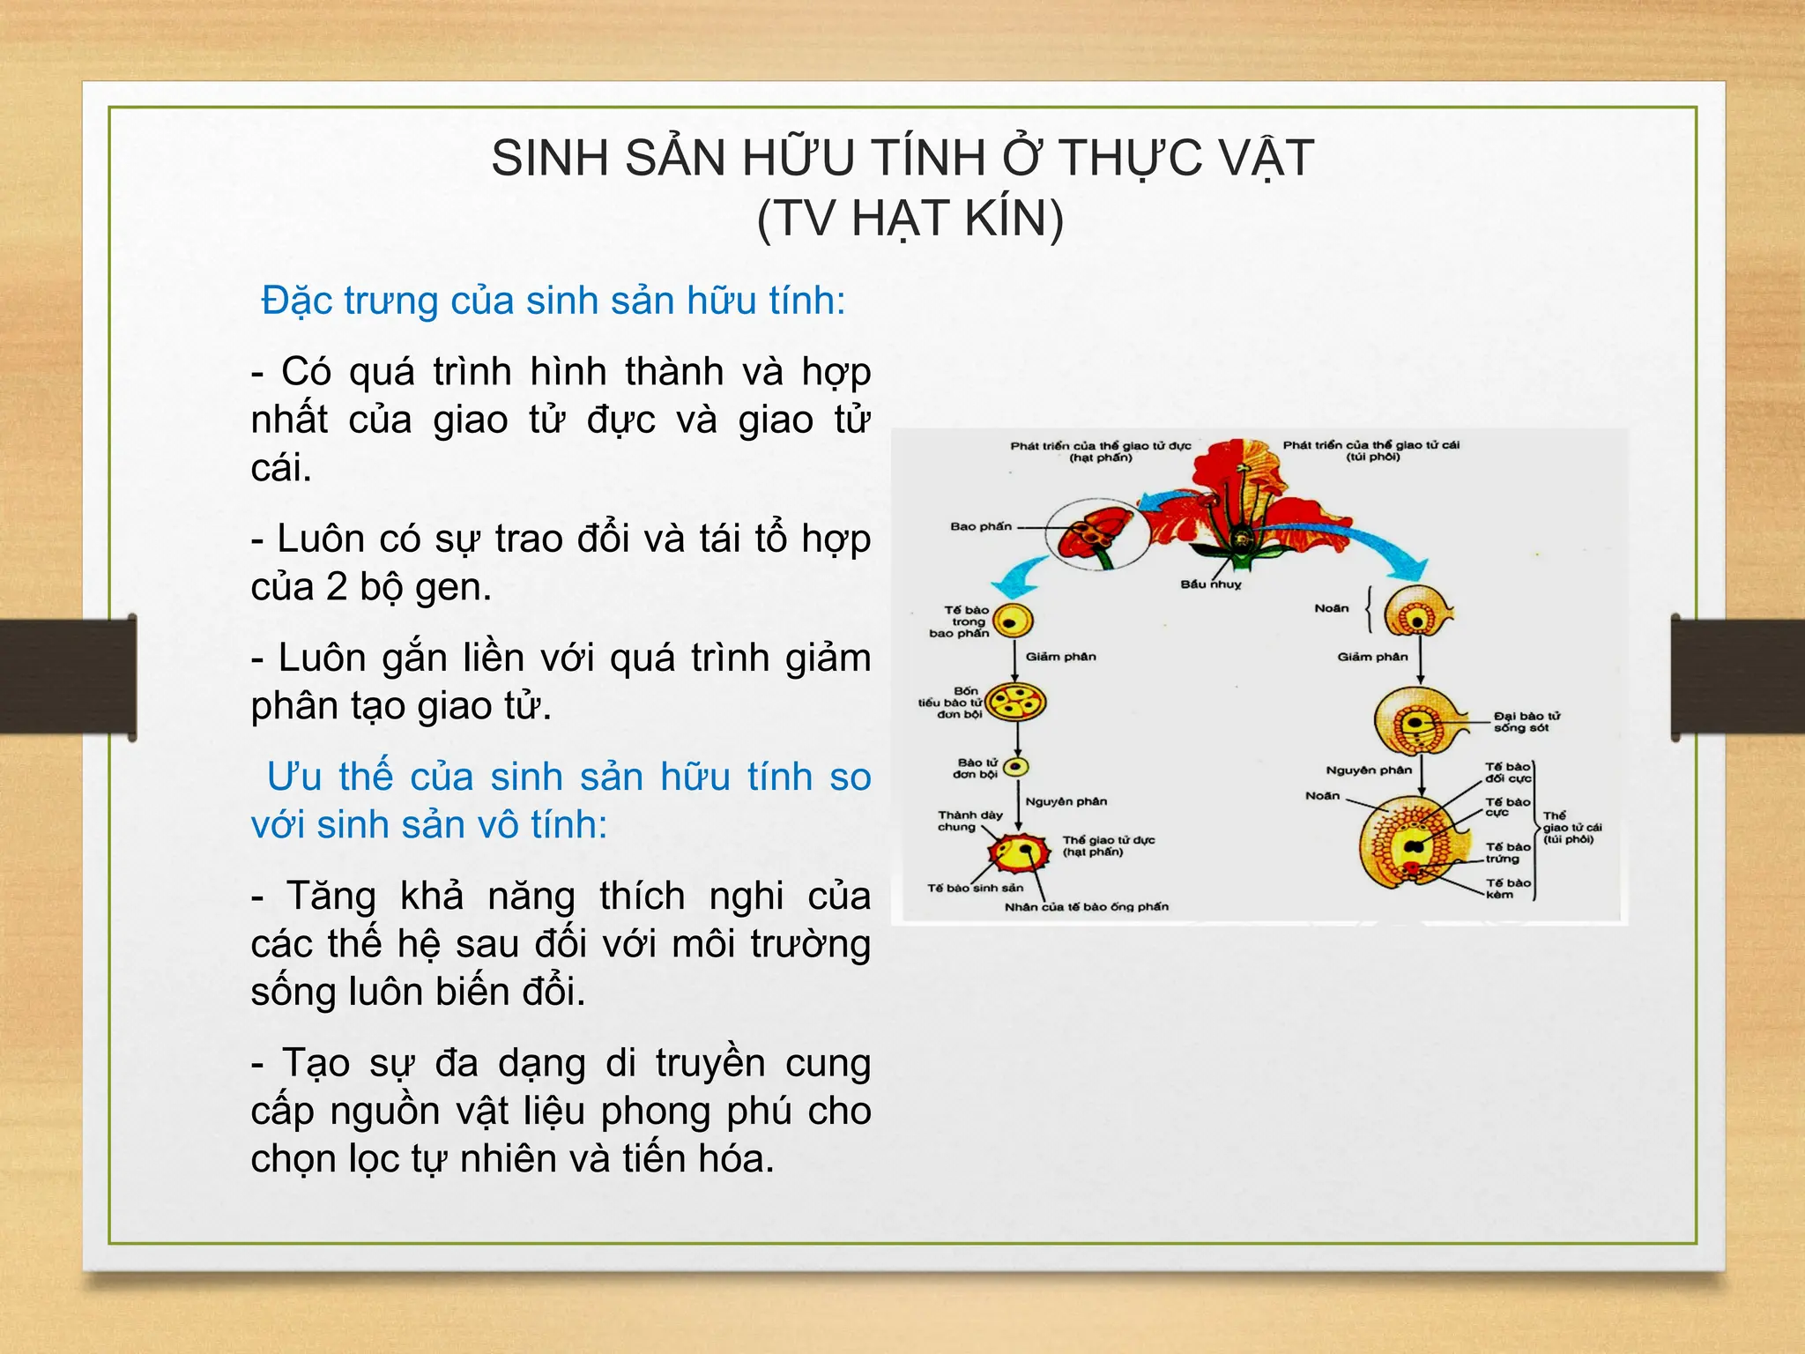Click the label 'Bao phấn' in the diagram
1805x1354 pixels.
point(980,526)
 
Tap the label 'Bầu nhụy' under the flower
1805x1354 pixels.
point(1210,584)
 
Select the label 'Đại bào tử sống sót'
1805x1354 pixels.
point(1526,722)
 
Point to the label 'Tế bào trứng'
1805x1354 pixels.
point(1507,852)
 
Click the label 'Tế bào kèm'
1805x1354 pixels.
point(1507,889)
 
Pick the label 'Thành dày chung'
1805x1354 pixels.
point(969,821)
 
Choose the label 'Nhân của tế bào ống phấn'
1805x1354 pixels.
point(1086,907)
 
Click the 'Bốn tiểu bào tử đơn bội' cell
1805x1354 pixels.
point(1015,703)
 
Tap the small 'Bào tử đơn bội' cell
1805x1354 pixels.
point(1016,767)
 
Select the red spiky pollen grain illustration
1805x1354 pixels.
point(1020,852)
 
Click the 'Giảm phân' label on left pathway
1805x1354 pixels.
point(1060,657)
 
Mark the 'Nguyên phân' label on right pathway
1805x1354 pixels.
point(1368,770)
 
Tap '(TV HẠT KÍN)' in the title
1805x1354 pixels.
point(910,219)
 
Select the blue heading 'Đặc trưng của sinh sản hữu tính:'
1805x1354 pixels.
point(553,301)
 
